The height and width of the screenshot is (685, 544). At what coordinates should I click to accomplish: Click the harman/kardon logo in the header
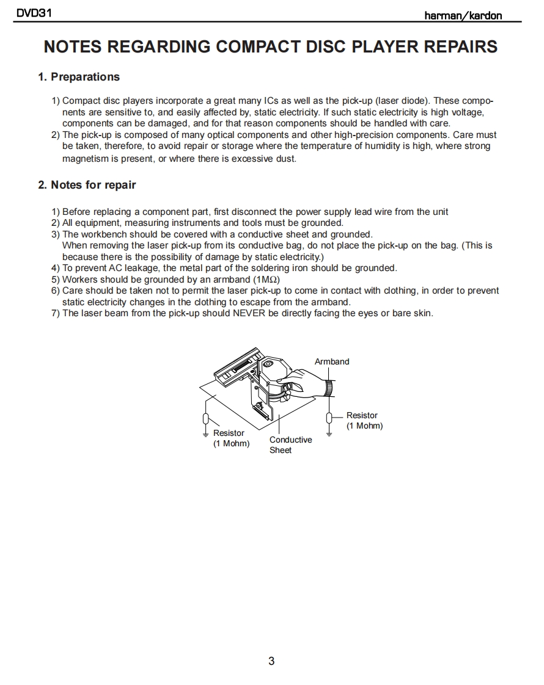point(463,15)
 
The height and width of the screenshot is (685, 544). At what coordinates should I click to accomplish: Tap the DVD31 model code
point(33,13)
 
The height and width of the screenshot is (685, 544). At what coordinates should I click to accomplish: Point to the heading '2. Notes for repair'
point(87,185)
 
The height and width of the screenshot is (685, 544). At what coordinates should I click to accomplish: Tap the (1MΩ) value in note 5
point(266,280)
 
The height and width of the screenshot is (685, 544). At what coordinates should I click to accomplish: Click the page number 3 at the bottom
point(271,661)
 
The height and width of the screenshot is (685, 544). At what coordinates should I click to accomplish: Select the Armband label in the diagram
point(332,361)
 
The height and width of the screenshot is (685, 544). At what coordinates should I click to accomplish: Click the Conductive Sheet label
point(290,444)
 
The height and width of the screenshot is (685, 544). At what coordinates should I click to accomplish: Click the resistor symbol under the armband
point(329,418)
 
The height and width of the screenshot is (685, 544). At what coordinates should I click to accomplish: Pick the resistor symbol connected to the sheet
point(207,418)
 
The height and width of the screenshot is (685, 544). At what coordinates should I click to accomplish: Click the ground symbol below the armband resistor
point(329,434)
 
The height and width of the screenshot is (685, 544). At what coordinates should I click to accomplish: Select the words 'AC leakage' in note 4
point(131,268)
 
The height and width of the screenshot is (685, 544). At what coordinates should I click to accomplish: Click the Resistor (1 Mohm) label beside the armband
point(364,421)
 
